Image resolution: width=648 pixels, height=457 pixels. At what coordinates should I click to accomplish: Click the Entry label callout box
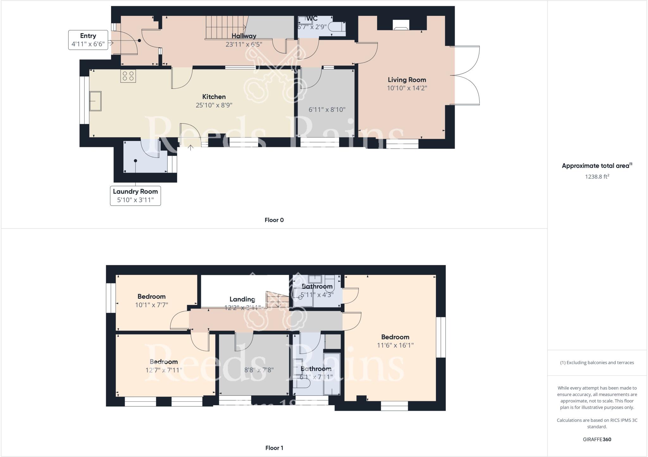[88, 40]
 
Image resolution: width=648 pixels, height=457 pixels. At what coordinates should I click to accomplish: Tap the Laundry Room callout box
[135, 196]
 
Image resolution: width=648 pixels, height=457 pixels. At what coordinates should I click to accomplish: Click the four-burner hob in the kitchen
[128, 76]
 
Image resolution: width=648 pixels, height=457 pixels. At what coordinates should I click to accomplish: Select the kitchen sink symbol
[95, 101]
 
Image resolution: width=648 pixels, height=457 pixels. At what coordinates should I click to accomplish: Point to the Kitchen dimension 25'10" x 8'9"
[214, 105]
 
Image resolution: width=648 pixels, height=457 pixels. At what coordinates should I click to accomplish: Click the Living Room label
[407, 80]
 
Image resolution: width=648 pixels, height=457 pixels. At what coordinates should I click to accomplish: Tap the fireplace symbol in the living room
[401, 25]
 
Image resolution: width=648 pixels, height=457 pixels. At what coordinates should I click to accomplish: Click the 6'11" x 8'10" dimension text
[327, 110]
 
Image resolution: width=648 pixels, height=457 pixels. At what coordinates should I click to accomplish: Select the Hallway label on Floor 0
[244, 36]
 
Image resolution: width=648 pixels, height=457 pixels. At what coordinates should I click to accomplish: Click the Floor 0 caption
[274, 220]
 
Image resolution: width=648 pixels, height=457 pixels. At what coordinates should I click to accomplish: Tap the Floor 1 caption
[274, 448]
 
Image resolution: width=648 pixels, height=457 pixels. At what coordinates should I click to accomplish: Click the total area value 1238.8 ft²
[597, 177]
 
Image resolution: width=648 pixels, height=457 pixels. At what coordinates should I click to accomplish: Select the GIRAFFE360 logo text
[597, 439]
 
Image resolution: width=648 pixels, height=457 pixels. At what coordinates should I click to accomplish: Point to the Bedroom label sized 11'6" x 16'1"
[395, 337]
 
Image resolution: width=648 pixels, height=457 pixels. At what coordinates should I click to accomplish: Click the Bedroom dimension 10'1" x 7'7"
[152, 305]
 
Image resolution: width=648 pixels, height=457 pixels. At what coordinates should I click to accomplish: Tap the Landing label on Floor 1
[242, 299]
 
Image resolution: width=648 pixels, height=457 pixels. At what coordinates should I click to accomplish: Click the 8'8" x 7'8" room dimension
[259, 370]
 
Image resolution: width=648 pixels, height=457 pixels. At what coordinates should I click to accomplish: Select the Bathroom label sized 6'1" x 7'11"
[316, 369]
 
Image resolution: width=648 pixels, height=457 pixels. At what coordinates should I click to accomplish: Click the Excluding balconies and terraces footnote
[597, 363]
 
